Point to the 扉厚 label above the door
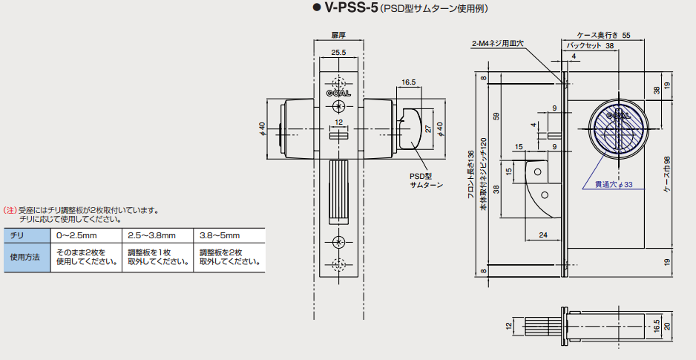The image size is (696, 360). [x=338, y=34]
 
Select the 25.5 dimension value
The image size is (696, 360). [x=338, y=52]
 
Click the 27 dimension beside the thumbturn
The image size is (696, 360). [x=427, y=128]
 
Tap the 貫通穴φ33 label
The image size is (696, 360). [x=611, y=183]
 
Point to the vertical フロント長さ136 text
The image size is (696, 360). [x=470, y=175]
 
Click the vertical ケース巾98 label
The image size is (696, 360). [x=667, y=175]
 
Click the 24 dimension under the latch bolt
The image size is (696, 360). [x=544, y=235]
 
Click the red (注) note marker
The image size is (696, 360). [x=10, y=210]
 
